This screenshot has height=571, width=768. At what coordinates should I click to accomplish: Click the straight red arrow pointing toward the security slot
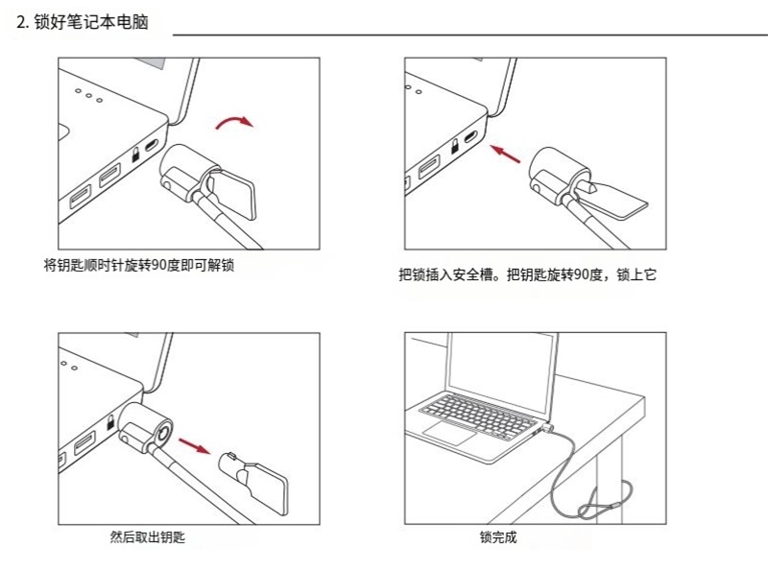click(x=507, y=154)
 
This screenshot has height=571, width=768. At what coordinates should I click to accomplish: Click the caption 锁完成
click(x=498, y=537)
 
